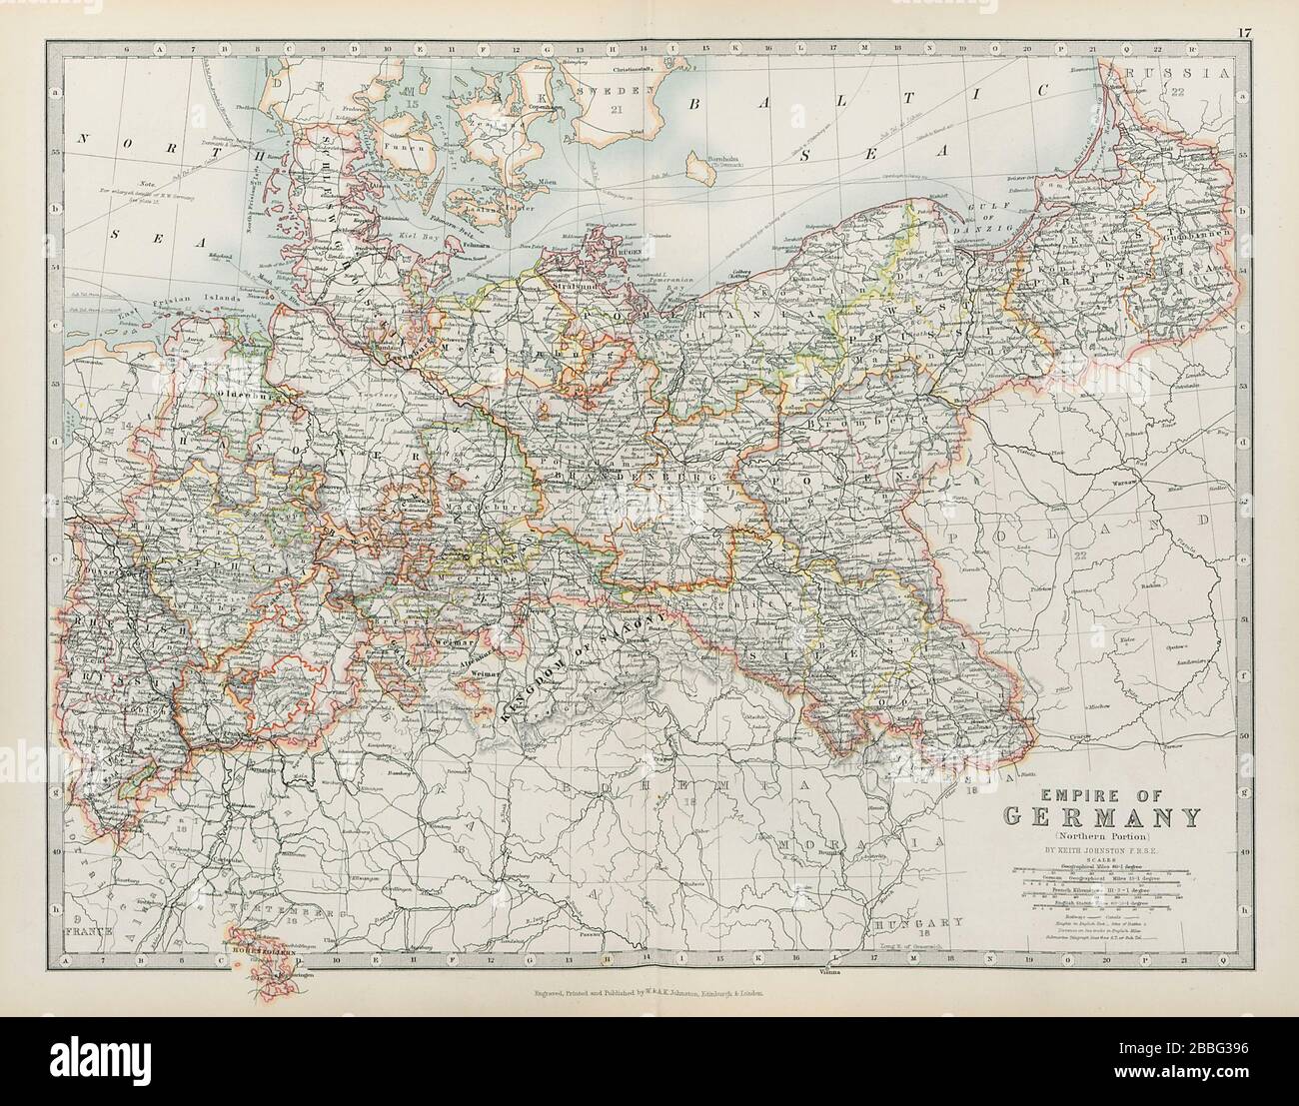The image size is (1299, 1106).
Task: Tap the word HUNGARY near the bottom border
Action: point(909,922)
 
